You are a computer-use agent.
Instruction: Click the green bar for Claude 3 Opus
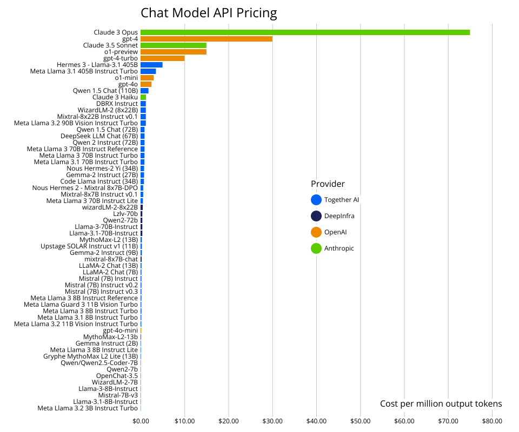[305, 32]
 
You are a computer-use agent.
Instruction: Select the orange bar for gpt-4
[206, 39]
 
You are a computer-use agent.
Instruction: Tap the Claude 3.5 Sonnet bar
[173, 45]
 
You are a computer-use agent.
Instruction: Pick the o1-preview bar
[173, 52]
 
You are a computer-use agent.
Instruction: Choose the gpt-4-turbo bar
[162, 58]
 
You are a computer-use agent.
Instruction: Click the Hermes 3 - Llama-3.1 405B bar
[151, 65]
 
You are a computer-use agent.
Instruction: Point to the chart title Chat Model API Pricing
[209, 13]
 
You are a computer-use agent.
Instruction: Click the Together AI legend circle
[316, 200]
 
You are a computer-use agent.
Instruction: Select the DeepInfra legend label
[339, 216]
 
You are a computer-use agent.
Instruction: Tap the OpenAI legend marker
[316, 232]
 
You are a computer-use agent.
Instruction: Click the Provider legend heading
[328, 184]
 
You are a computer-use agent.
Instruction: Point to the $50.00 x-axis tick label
[360, 421]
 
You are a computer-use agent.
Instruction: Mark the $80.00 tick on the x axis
[492, 421]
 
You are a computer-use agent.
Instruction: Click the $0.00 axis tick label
[141, 421]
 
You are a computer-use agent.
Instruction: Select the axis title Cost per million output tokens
[441, 404]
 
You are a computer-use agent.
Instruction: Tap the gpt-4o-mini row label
[120, 330]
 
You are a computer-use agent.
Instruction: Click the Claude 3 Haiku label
[115, 97]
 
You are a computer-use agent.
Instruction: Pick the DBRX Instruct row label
[117, 104]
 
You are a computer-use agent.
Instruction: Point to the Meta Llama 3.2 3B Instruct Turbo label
[88, 408]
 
